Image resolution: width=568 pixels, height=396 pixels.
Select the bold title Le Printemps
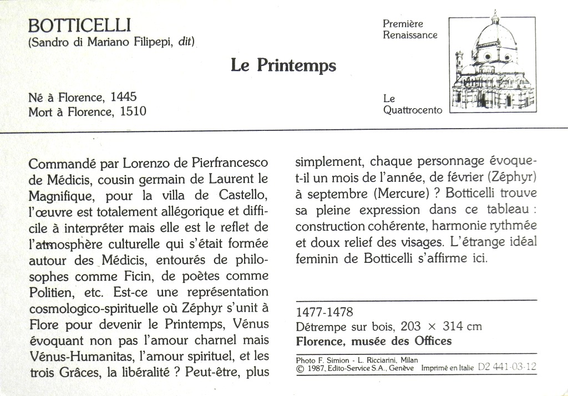pyautogui.click(x=283, y=65)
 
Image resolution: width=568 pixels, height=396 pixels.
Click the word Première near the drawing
pyautogui.click(x=403, y=24)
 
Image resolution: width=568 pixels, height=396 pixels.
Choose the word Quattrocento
pyautogui.click(x=413, y=110)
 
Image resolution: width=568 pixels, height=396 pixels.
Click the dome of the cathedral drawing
pyautogui.click(x=495, y=37)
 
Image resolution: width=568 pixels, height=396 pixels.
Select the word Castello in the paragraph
pyautogui.click(x=244, y=195)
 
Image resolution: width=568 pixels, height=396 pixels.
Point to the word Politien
pyautogui.click(x=50, y=292)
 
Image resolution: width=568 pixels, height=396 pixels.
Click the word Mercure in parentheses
pyautogui.click(x=398, y=194)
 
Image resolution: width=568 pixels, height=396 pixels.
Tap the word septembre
pyautogui.click(x=337, y=195)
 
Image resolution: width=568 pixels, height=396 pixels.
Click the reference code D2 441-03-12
pyautogui.click(x=507, y=367)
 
